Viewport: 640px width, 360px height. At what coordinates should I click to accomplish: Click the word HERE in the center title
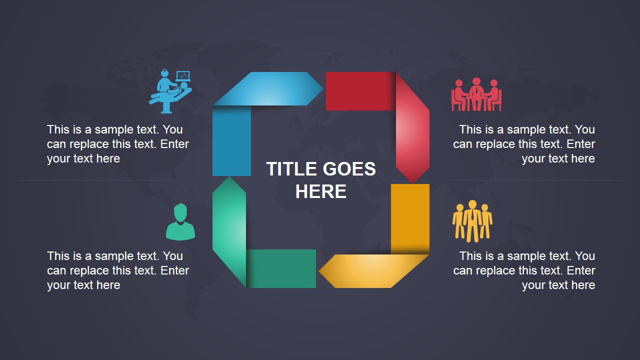coord(320,192)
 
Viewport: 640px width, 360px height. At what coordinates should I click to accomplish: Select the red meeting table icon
coord(476,95)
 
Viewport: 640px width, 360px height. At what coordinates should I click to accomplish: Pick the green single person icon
coord(180,222)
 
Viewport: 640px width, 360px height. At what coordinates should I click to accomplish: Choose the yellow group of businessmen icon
coord(472,221)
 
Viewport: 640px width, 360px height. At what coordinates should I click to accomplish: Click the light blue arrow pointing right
coord(270,88)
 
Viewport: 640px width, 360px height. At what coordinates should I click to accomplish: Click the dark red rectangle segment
coord(359,91)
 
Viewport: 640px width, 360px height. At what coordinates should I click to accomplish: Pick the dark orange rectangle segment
coord(410,217)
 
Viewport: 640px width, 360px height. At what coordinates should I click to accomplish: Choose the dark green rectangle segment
coord(282,268)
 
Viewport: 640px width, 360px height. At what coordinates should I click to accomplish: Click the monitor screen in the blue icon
coord(183,76)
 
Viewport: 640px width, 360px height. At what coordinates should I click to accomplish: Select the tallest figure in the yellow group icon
coord(471,220)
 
